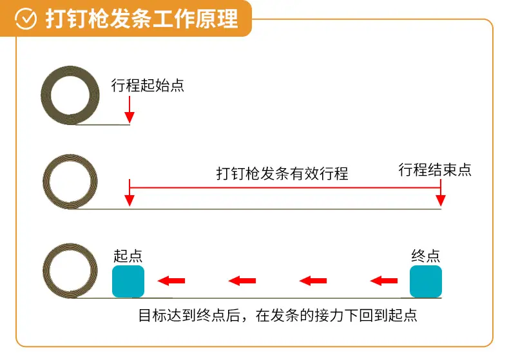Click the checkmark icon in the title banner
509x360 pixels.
26,19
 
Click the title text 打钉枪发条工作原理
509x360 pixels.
142,19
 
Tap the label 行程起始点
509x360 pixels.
148,85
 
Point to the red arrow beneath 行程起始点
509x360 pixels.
130,109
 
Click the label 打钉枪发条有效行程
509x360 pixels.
282,173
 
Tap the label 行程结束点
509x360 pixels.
435,169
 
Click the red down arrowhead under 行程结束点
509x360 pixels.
441,200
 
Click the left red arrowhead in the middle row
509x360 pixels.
130,200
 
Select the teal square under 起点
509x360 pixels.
128,281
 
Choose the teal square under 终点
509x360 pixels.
426,281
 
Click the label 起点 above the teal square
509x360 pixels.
128,256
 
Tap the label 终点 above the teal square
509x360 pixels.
426,256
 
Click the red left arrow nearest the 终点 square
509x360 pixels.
384,281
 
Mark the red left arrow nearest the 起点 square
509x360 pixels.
171,281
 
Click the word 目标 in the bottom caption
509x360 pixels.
153,316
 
